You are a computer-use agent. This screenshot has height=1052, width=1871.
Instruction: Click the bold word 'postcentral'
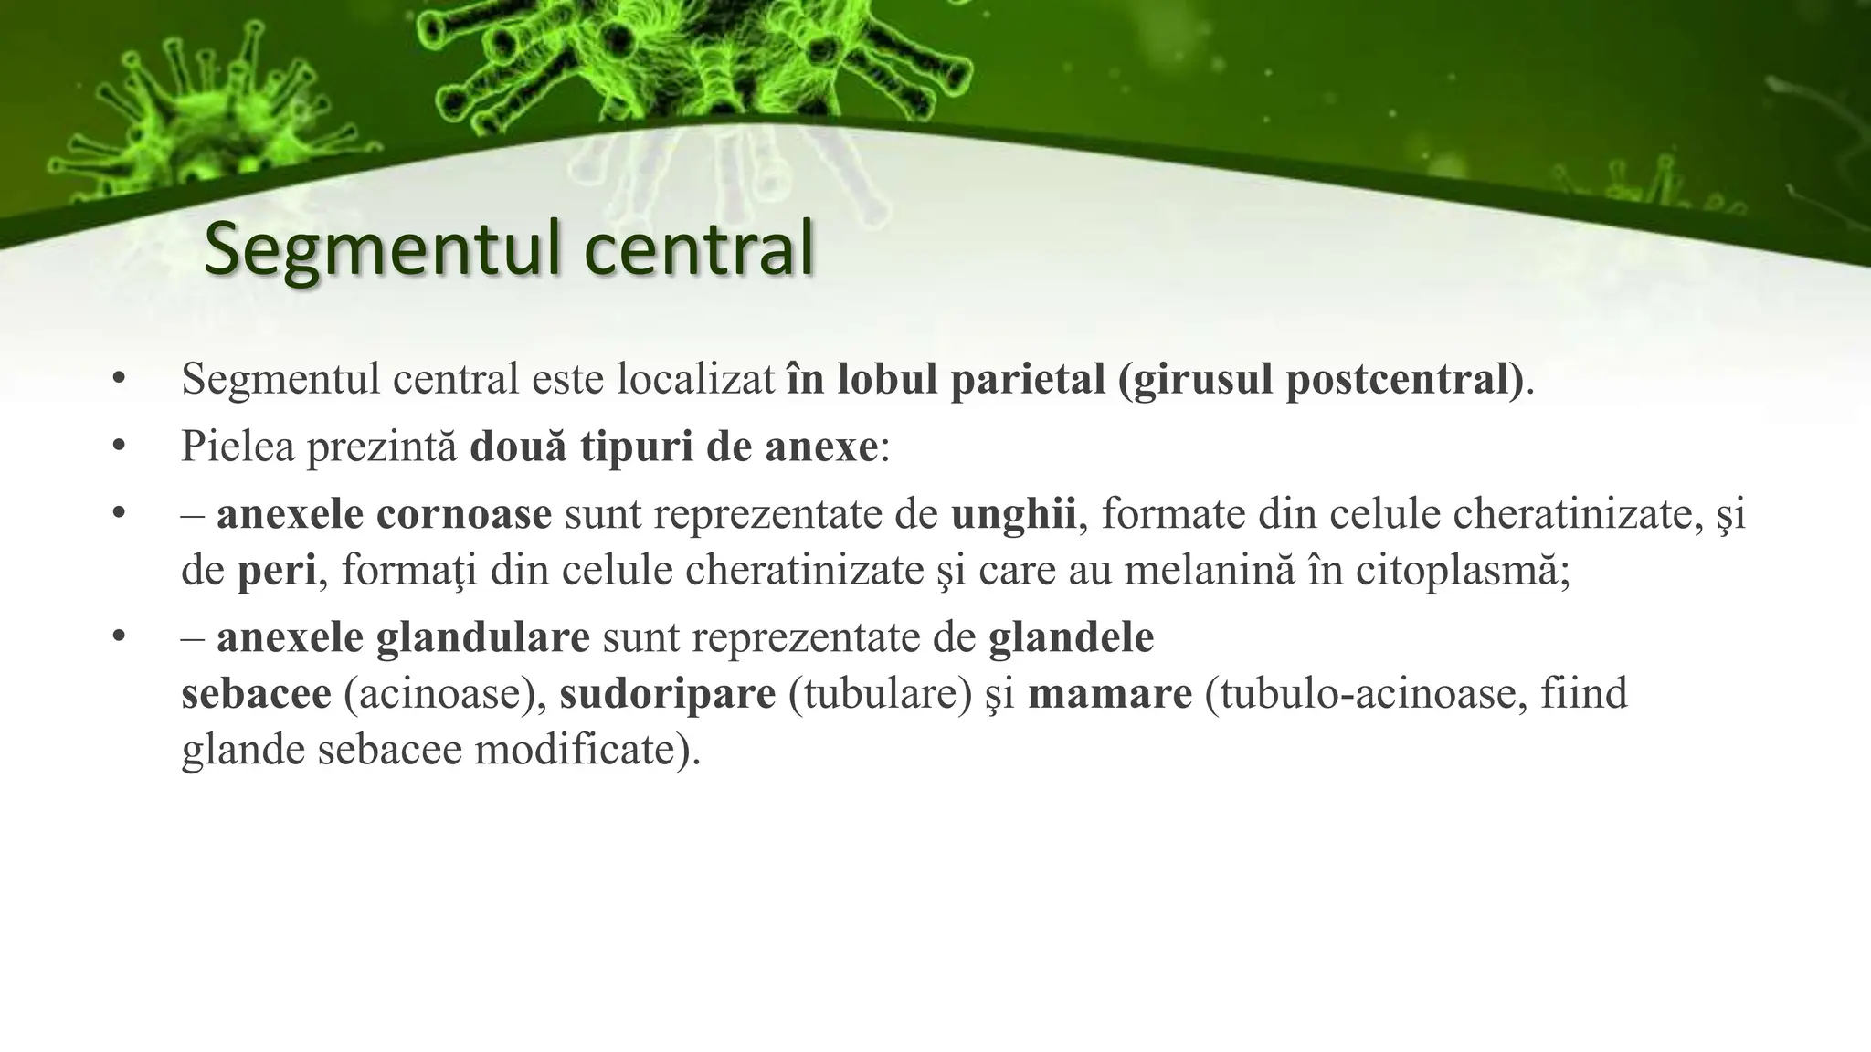(1397, 379)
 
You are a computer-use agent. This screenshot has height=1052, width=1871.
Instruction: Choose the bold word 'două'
(518, 447)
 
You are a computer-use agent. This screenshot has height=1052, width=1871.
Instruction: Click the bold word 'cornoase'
(463, 514)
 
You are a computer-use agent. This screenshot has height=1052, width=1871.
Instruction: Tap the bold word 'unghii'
(1013, 514)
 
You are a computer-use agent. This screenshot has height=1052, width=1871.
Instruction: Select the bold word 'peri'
(276, 572)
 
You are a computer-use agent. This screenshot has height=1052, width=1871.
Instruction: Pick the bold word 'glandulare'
(482, 637)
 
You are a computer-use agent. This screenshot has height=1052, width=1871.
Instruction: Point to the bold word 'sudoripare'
(668, 694)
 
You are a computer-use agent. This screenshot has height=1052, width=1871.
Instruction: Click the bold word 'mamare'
(1110, 694)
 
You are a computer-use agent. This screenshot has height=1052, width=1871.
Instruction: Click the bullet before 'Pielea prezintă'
(118, 447)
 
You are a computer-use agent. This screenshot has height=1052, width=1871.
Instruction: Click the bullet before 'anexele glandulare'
(118, 637)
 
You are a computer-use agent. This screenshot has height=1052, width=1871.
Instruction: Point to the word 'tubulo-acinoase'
(1367, 694)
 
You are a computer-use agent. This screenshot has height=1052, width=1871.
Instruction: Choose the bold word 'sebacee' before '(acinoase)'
(256, 694)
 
